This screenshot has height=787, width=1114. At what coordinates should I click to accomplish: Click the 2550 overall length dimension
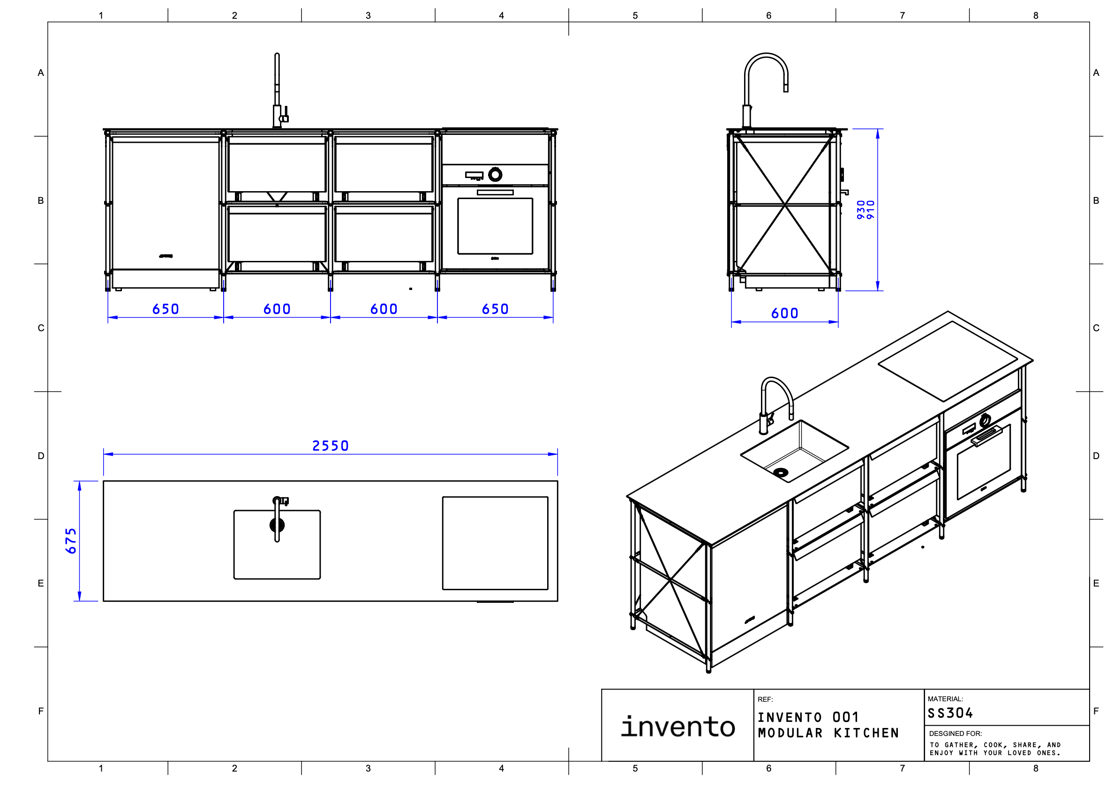point(330,445)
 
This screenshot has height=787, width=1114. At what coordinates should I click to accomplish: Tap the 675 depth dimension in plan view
point(71,541)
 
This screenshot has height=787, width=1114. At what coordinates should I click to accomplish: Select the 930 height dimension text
point(861,209)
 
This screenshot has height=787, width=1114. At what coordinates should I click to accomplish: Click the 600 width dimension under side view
point(784,313)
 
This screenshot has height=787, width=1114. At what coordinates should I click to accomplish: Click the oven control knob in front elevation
point(495,174)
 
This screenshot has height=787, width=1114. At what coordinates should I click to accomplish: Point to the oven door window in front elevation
point(495,226)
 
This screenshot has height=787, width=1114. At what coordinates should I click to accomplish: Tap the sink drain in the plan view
point(277,525)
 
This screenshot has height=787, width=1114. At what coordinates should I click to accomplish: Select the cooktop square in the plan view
point(495,543)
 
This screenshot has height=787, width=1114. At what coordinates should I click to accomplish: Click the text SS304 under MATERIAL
point(950,713)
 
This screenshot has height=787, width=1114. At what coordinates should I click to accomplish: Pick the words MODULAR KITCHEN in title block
point(828,733)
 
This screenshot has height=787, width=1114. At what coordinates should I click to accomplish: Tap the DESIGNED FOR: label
point(955,734)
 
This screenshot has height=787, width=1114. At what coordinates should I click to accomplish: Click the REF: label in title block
point(765,699)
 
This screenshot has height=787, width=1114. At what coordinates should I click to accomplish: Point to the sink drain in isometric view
point(781,472)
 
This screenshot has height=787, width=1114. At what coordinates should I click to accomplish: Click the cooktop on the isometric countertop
point(948,361)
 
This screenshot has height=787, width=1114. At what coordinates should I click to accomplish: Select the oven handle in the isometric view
point(986,436)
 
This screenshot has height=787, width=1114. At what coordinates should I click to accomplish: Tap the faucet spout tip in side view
point(786,89)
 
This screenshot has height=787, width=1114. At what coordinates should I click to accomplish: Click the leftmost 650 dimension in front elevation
point(166,309)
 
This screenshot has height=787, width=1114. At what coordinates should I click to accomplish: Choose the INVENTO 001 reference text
point(808,717)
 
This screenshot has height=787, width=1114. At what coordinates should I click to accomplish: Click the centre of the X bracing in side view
point(784,205)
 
